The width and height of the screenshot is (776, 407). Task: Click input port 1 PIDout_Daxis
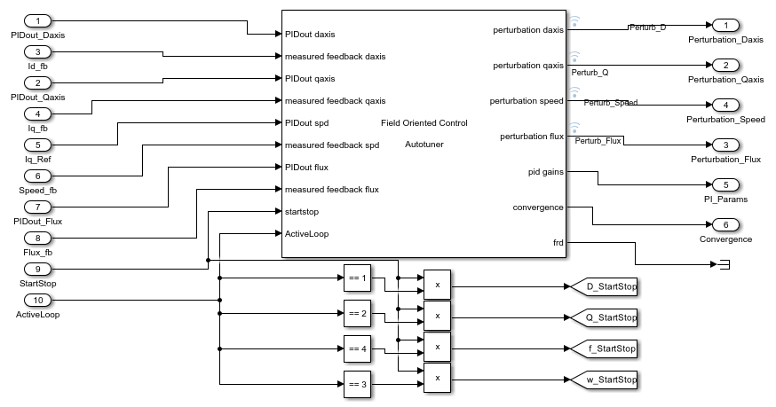[x=37, y=20]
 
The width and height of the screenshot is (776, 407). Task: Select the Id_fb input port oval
[x=37, y=51]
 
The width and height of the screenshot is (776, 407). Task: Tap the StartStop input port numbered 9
[x=37, y=269]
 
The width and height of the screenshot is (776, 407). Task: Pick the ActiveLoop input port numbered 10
[x=37, y=300]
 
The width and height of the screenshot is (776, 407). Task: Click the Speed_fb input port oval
[x=37, y=176]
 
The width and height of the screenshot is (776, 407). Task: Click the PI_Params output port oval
[x=725, y=184]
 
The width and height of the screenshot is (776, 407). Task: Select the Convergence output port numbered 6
[x=725, y=224]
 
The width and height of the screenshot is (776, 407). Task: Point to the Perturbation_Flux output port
[x=725, y=145]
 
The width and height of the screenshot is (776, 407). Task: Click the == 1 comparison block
[x=357, y=278]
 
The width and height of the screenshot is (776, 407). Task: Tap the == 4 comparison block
[x=357, y=348]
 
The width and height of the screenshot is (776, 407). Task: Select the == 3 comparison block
[x=357, y=384]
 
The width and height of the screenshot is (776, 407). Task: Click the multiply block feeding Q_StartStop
[x=438, y=316]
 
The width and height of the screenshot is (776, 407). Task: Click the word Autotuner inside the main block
[x=424, y=144]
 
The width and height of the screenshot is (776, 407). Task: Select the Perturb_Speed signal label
[x=610, y=104]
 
